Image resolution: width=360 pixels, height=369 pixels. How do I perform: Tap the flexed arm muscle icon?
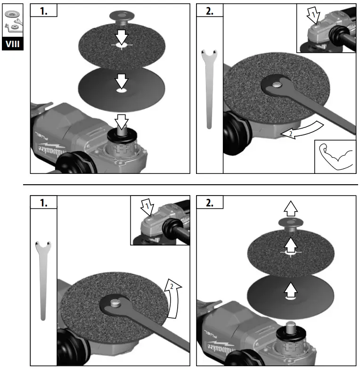(335, 156)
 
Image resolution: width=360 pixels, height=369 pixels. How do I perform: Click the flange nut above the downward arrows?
(122, 17)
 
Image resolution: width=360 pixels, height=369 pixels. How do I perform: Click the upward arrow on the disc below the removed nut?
(291, 244)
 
